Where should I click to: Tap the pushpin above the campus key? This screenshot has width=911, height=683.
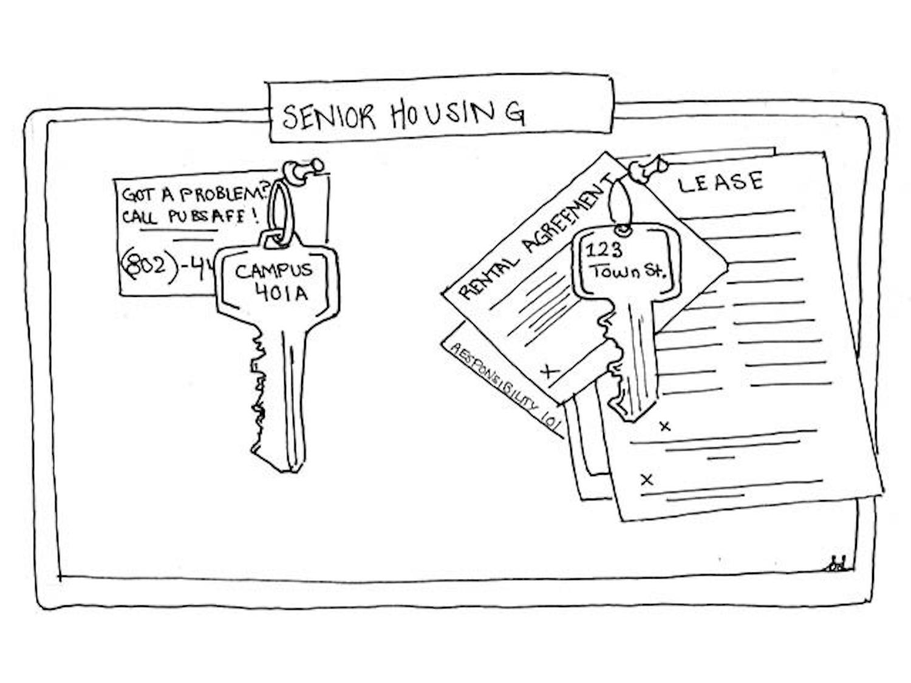pos(303,170)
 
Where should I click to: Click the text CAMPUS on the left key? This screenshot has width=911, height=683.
pos(274,271)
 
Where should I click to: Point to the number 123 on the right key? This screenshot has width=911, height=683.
pos(604,250)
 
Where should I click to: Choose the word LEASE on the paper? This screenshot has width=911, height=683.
pos(720,183)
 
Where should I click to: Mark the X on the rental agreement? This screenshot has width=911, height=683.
pos(550,370)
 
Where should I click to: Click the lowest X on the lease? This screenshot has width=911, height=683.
pos(647,480)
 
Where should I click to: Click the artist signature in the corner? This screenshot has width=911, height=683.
pos(838,565)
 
